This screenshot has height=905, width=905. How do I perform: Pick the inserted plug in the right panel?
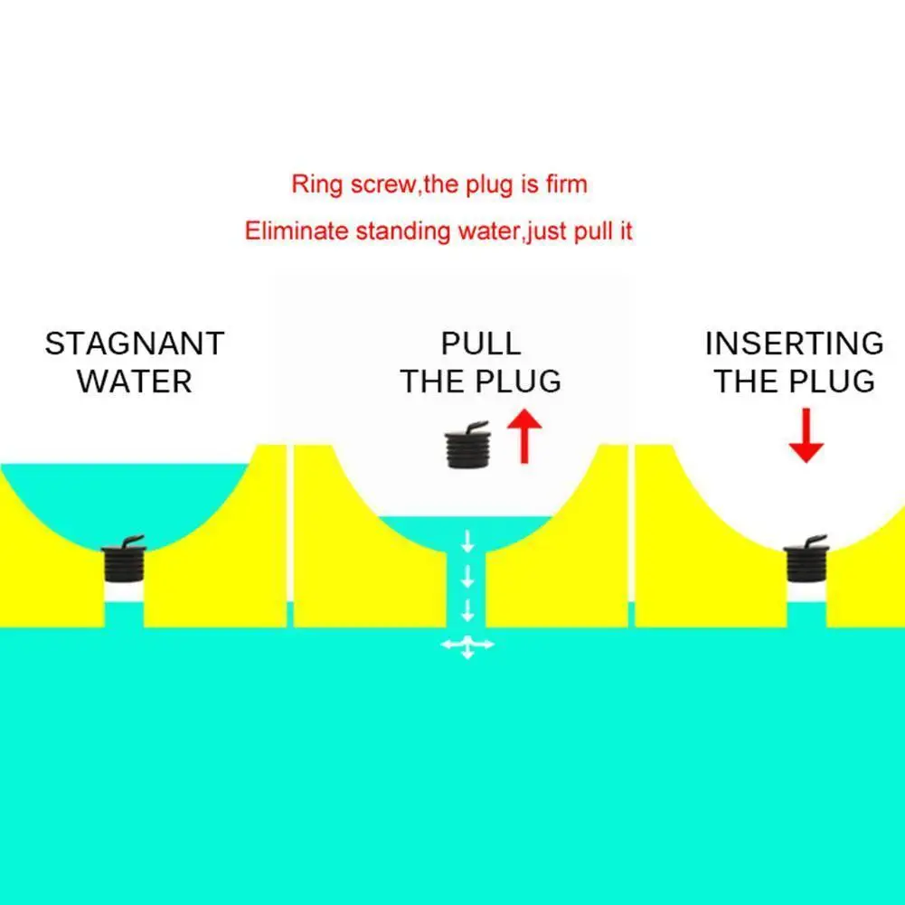(805, 564)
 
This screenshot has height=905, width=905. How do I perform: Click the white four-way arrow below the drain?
(467, 645)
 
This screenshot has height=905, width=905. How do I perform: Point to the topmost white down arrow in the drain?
(467, 542)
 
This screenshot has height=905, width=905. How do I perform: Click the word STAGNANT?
(135, 344)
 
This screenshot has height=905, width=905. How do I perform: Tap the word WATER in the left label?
(135, 382)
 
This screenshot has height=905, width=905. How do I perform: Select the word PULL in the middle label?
(481, 344)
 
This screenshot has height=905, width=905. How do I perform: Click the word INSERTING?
(794, 344)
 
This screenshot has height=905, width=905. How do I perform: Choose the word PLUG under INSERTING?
(834, 382)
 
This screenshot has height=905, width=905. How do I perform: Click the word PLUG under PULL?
(520, 382)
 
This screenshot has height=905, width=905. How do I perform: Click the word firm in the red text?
(564, 185)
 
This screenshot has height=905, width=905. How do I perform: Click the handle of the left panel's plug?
(132, 541)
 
